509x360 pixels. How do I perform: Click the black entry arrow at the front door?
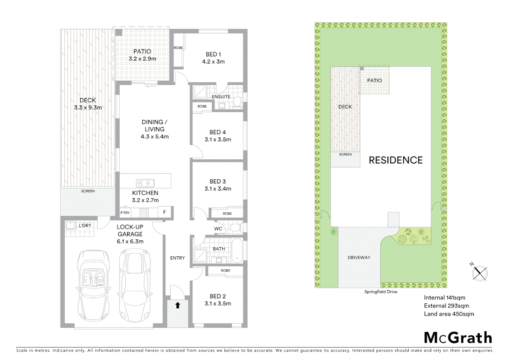pyautogui.click(x=178, y=305)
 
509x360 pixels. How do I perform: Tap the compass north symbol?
pyautogui.click(x=479, y=272)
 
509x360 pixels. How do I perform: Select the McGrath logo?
pyautogui.click(x=458, y=338)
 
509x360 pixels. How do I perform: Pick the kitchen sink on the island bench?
pyautogui.click(x=145, y=183)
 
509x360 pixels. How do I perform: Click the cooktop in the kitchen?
pyautogui.click(x=144, y=213)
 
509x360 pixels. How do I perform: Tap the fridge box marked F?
pyautogui.click(x=164, y=212)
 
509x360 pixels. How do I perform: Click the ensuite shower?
pyautogui.click(x=200, y=92)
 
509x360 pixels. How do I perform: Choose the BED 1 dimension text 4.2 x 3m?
pyautogui.click(x=213, y=62)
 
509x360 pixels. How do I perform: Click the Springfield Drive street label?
pyautogui.click(x=381, y=292)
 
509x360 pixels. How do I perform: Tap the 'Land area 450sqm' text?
pyautogui.click(x=449, y=314)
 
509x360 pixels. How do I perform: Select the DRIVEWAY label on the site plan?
pyautogui.click(x=359, y=258)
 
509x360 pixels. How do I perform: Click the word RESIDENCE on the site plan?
pyautogui.click(x=395, y=160)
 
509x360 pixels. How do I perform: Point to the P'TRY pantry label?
pyautogui.click(x=125, y=213)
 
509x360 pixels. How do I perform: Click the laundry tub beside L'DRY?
pyautogui.click(x=70, y=226)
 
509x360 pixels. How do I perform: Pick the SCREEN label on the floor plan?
pyautogui.click(x=88, y=191)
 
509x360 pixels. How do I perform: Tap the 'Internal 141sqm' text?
pyautogui.click(x=444, y=298)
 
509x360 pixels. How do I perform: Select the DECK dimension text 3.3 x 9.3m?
pyautogui.click(x=88, y=108)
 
